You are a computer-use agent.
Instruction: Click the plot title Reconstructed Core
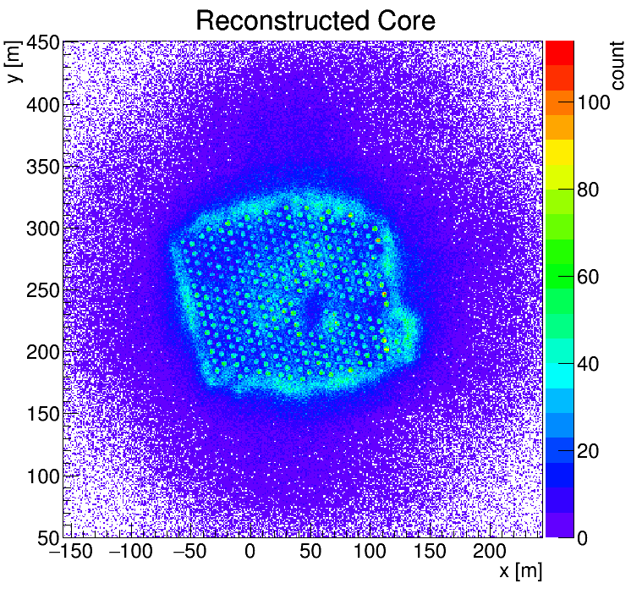pos(315,20)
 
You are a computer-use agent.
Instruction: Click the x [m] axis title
pos(519,571)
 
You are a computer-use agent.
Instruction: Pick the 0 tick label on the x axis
pos(250,552)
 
